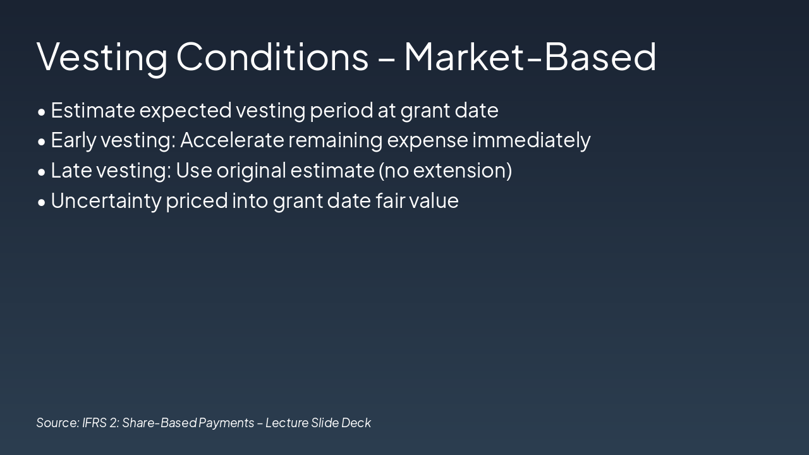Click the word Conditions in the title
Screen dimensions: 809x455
click(x=272, y=57)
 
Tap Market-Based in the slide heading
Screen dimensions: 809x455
click(x=530, y=57)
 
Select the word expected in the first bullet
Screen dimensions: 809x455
click(x=185, y=111)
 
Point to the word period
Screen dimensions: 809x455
click(x=341, y=111)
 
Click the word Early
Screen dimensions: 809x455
click(x=74, y=140)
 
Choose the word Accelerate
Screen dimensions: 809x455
click(x=232, y=140)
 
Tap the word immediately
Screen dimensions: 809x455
click(x=532, y=140)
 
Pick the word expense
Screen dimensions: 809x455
click(x=428, y=142)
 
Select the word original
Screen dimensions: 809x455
click(x=252, y=171)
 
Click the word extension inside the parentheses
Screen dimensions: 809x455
click(x=459, y=171)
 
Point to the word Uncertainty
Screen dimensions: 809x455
click(x=106, y=201)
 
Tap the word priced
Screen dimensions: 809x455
click(x=197, y=201)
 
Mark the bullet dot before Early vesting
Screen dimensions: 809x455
click(x=42, y=142)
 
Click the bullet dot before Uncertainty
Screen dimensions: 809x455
click(x=42, y=202)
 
